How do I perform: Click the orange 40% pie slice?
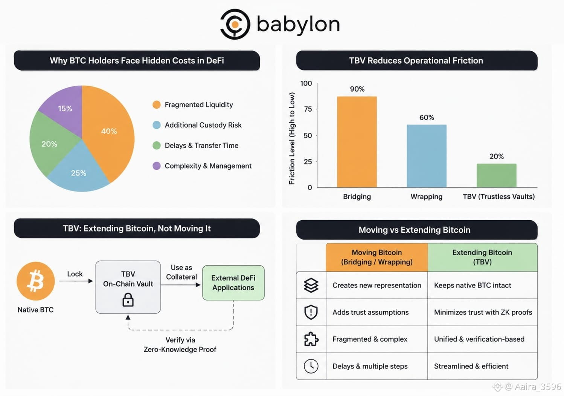111,131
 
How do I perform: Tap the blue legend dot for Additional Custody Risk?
157,125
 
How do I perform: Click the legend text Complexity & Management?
208,166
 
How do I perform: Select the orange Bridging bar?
357,142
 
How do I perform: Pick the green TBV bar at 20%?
496,175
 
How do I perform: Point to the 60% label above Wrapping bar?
427,117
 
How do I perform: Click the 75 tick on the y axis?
308,109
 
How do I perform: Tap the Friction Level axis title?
292,138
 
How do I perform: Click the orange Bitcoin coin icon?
35,281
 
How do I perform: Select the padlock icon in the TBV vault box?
128,300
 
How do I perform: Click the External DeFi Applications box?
233,282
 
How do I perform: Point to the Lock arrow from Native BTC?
76,281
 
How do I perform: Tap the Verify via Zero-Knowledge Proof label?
180,345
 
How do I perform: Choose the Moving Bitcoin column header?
377,257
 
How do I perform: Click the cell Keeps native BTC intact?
473,285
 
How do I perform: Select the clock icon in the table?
311,366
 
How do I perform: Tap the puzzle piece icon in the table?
311,339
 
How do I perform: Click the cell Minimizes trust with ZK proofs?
483,312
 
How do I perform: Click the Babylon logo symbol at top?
235,24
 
